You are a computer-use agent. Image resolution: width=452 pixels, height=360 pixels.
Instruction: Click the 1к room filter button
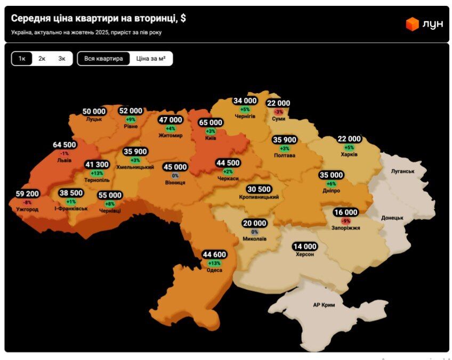tap(22, 59)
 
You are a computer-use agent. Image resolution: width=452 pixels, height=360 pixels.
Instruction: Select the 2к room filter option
tap(42, 59)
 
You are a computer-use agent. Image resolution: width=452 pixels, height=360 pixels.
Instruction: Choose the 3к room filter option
tap(62, 59)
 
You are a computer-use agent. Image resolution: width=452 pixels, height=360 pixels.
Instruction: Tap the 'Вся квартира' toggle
tap(103, 59)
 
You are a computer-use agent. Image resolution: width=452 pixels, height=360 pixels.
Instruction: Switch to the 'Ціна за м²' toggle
tap(151, 59)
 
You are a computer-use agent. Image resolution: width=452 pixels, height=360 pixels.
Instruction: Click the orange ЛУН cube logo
tap(412, 24)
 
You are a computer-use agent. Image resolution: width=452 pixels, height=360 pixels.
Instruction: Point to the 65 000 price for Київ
tap(211, 122)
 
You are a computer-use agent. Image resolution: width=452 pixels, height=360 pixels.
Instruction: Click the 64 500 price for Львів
tap(64, 145)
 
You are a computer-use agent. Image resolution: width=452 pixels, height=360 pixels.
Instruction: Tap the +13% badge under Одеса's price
tap(215, 263)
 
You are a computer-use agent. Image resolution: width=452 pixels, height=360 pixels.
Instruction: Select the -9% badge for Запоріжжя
tap(346, 220)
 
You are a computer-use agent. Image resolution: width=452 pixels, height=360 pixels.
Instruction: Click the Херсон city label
tap(305, 255)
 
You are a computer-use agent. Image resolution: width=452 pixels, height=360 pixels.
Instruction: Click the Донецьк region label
tap(392, 218)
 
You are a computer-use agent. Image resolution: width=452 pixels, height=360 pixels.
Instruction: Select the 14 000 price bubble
tap(304, 247)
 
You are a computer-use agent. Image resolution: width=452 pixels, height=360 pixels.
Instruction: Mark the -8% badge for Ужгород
tap(27, 202)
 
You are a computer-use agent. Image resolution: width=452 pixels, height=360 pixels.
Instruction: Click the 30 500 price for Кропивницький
tap(259, 189)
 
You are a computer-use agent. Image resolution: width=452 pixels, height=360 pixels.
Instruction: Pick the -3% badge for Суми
tap(279, 112)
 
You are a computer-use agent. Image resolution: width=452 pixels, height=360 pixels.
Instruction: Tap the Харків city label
tap(349, 154)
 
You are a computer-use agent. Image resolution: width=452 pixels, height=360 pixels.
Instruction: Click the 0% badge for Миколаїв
tap(254, 232)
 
